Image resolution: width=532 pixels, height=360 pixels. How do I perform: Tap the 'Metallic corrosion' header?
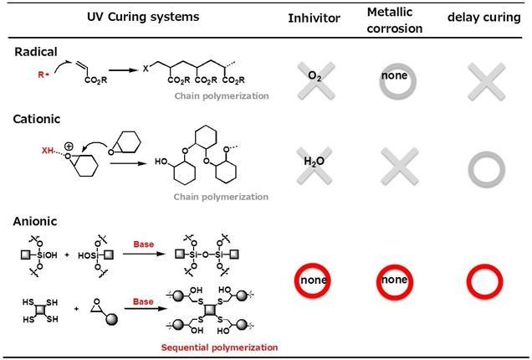click(x=395, y=19)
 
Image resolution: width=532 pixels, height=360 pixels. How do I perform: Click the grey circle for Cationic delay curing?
click(x=485, y=166)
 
